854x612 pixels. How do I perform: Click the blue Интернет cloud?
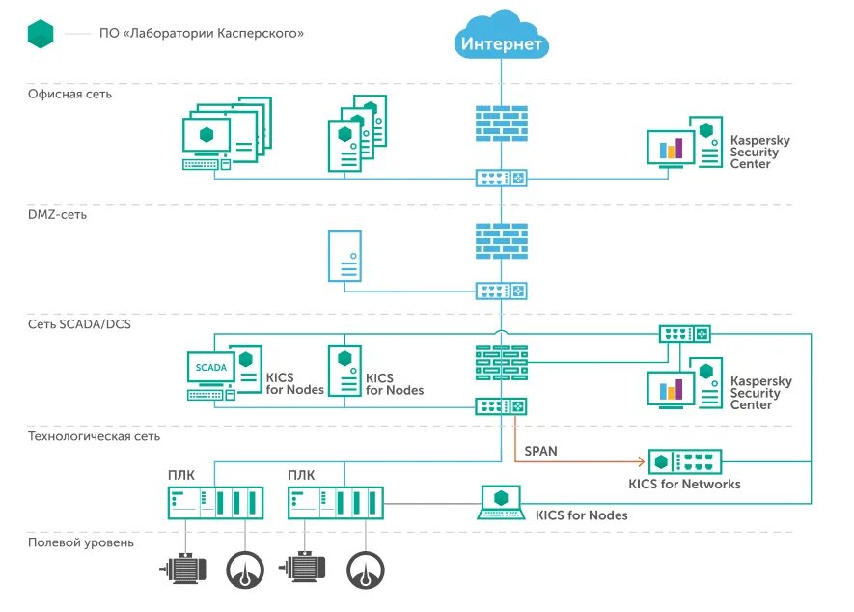(x=501, y=36)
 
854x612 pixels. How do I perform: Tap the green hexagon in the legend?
(x=41, y=33)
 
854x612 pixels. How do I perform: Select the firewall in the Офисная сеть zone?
(x=501, y=124)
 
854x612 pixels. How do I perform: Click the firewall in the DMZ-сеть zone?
(x=501, y=241)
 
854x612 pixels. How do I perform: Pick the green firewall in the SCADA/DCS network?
(x=501, y=362)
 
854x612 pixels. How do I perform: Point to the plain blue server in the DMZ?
(x=344, y=256)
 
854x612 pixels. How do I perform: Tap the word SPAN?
(x=540, y=451)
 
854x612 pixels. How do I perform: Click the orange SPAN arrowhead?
(x=642, y=462)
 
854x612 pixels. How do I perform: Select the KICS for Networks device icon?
(x=684, y=462)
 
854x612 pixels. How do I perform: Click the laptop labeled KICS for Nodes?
(x=501, y=503)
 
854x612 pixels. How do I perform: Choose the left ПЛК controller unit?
(x=216, y=503)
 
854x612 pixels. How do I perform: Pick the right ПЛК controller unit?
(x=336, y=503)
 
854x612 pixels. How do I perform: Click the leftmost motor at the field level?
(x=183, y=569)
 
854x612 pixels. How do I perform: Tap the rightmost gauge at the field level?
(x=366, y=570)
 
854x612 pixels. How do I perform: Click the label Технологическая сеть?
(x=94, y=436)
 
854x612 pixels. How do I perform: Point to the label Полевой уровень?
(x=81, y=542)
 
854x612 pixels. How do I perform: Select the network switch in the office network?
(x=501, y=179)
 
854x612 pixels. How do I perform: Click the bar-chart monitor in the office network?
(x=671, y=149)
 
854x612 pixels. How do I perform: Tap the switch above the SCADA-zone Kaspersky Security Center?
(x=684, y=334)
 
